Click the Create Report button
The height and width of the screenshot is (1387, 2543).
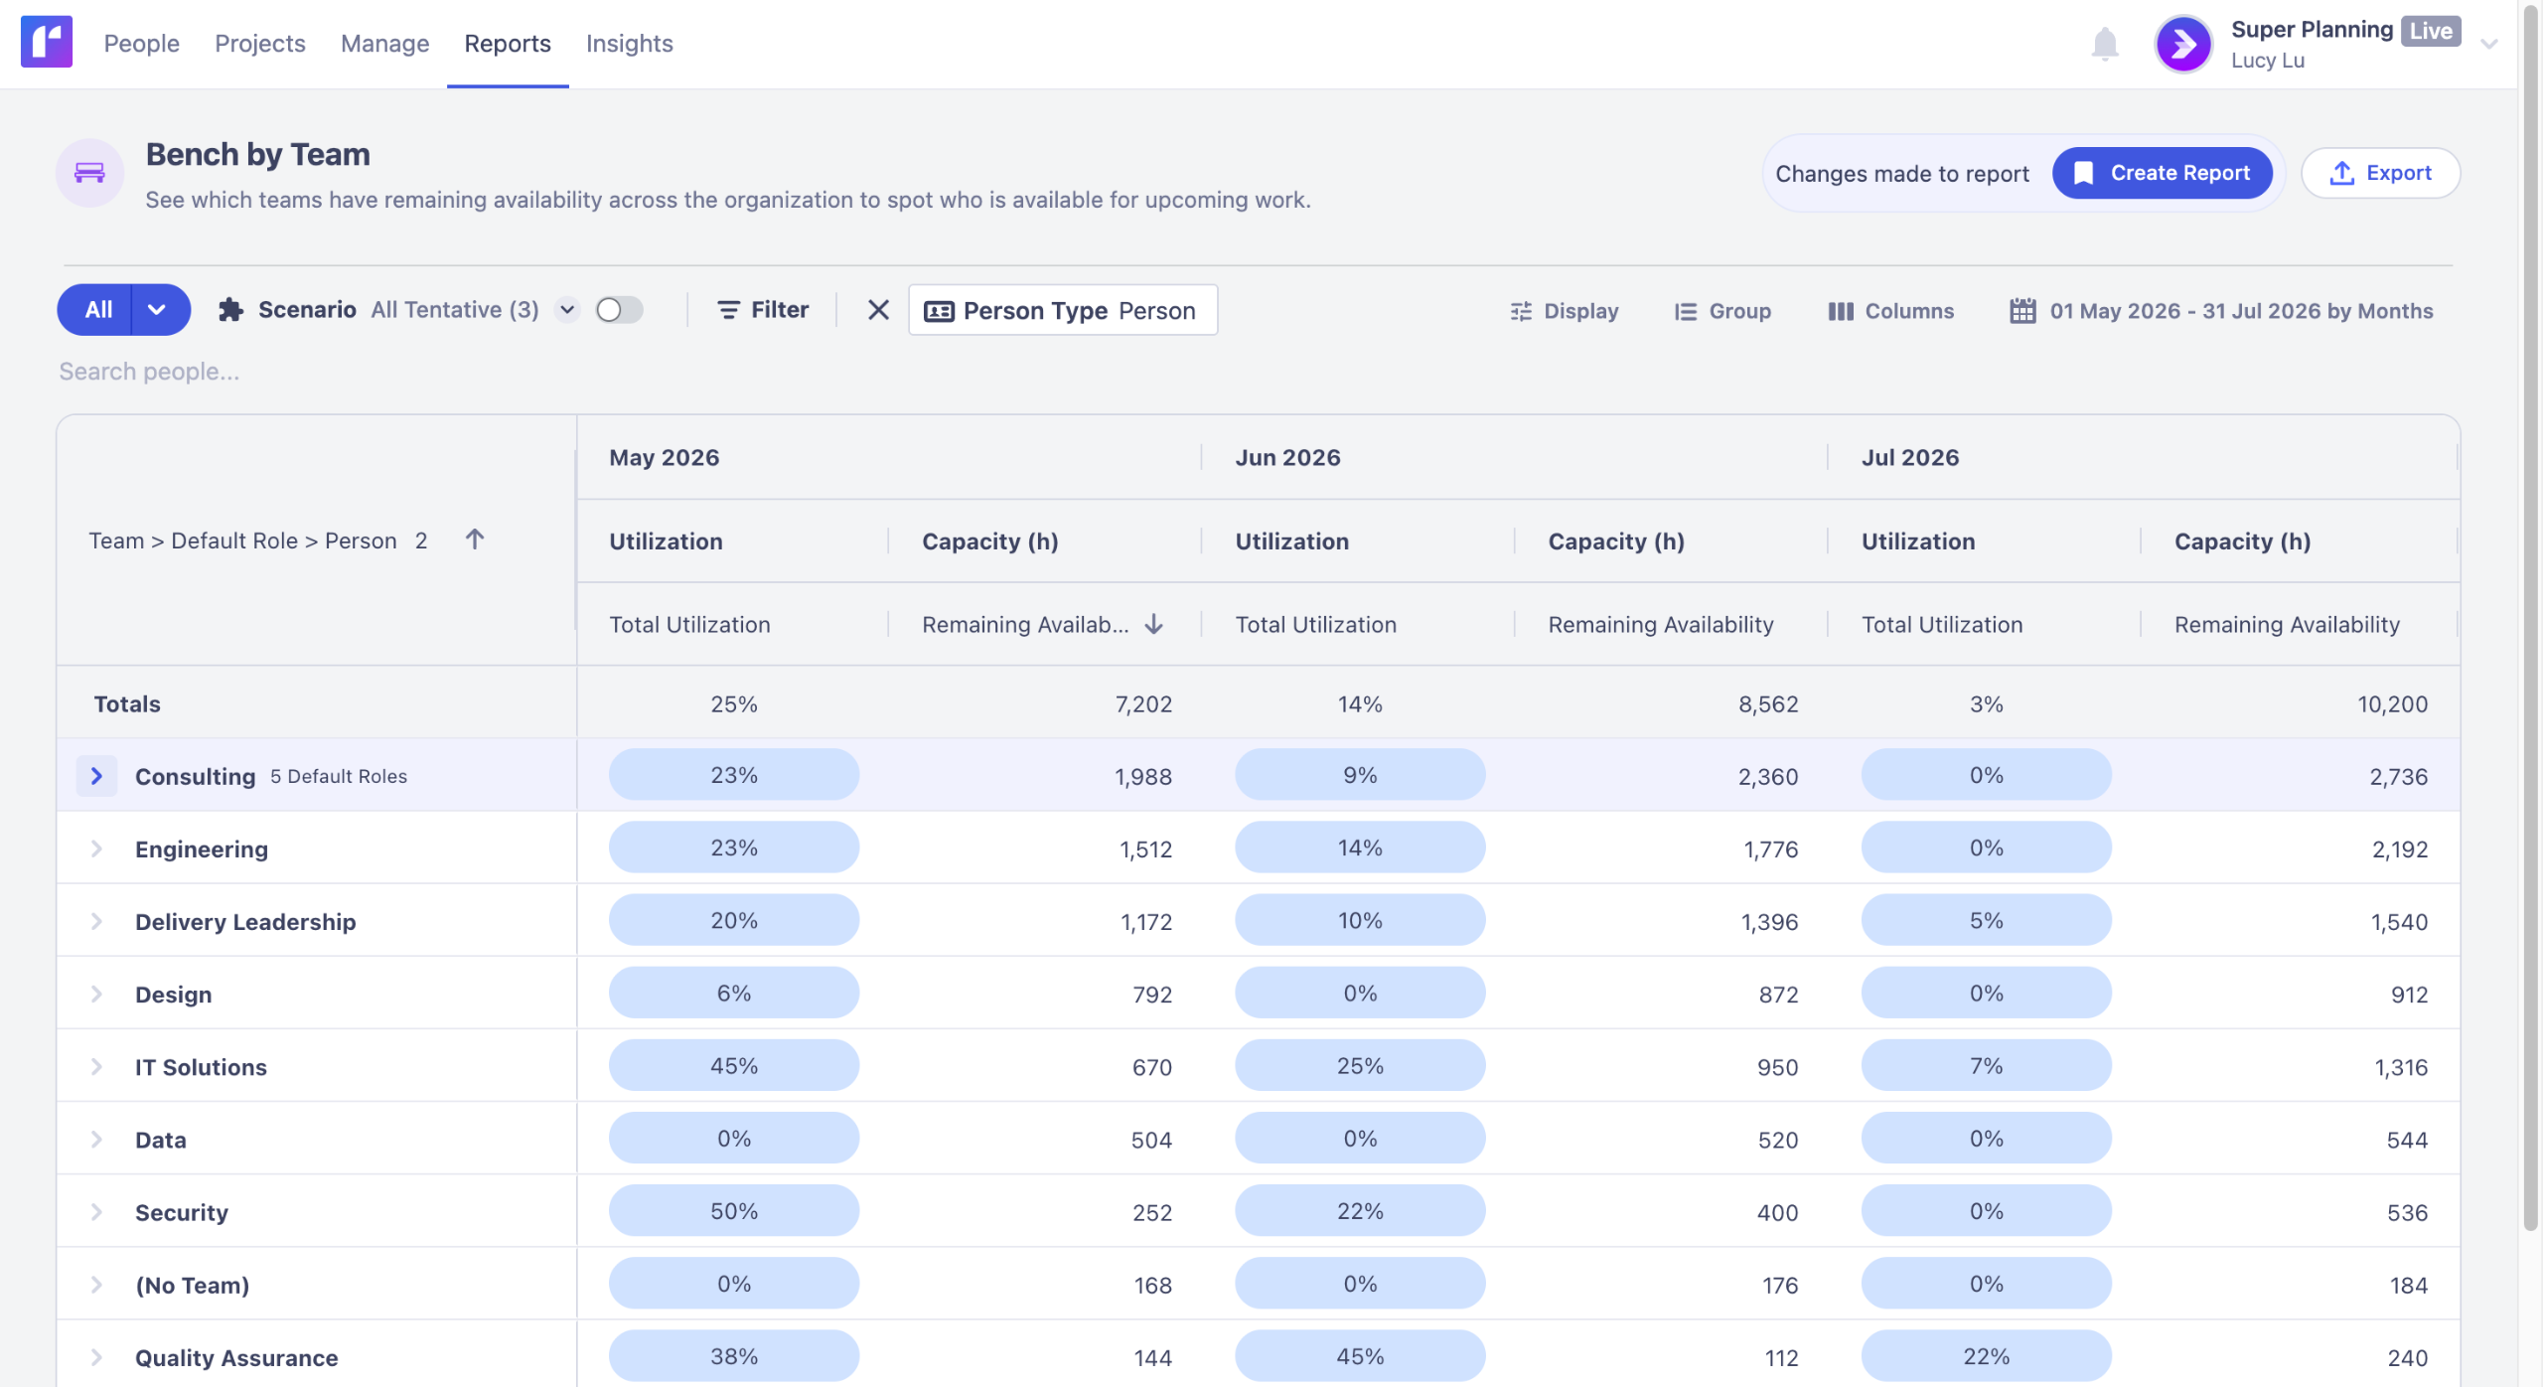click(2162, 173)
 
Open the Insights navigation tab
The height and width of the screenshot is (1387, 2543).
click(629, 44)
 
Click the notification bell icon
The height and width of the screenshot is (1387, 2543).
click(2105, 45)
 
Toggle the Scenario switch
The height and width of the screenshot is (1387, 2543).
click(619, 310)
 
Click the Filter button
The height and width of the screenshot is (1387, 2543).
click(763, 310)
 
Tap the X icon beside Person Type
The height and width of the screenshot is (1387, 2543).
click(878, 310)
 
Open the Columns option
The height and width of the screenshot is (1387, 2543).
click(1890, 311)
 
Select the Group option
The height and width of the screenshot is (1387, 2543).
click(1722, 311)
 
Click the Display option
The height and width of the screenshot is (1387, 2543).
click(1565, 311)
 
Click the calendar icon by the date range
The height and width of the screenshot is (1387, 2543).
click(2022, 311)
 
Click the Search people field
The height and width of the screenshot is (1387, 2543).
click(149, 372)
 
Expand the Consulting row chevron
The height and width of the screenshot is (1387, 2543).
click(96, 776)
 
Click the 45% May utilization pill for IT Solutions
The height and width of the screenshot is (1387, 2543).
click(734, 1066)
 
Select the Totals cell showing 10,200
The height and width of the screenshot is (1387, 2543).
click(2392, 704)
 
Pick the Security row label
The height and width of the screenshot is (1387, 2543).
click(182, 1212)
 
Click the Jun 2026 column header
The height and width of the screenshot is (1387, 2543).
click(1287, 457)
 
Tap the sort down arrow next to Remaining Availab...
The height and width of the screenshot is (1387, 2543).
click(1153, 624)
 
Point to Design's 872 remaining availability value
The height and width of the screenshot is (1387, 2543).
click(1778, 995)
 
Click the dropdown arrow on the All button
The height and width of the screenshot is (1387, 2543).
click(157, 310)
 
